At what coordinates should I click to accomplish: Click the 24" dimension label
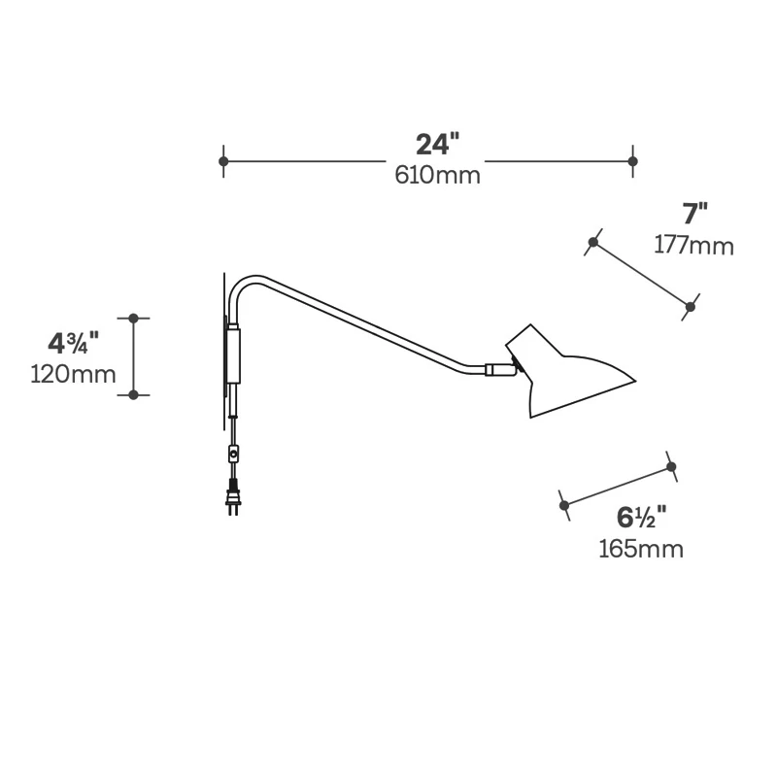tap(437, 145)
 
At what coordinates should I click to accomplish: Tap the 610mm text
tap(437, 176)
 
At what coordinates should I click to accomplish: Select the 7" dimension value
tap(694, 213)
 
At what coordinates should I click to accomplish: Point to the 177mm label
tap(693, 245)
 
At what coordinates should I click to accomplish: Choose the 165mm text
tap(640, 549)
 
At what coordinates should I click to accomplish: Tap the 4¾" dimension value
tap(74, 342)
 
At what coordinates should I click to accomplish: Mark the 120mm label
tap(73, 373)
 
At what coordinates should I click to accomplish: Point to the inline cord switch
tap(233, 453)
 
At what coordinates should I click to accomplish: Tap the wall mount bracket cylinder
tap(233, 355)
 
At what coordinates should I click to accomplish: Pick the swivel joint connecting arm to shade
tap(501, 369)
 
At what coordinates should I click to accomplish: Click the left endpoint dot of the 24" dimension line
tap(223, 160)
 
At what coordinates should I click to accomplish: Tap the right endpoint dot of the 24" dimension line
tap(632, 160)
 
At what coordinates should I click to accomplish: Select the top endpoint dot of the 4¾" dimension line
tap(134, 318)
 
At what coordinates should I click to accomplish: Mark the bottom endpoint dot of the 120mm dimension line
tap(134, 393)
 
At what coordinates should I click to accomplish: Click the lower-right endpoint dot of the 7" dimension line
tap(690, 307)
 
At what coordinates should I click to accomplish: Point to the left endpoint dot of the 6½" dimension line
tap(564, 505)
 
